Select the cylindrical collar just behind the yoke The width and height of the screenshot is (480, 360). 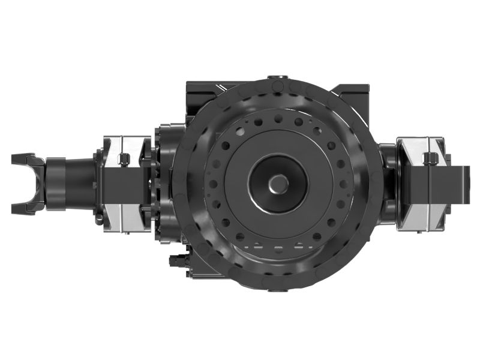point(56,183)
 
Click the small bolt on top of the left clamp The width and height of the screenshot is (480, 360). point(124,159)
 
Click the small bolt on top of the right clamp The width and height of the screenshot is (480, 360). point(430,158)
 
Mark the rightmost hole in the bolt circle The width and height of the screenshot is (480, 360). point(341,183)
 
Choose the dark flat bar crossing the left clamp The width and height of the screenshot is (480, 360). point(120,183)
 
